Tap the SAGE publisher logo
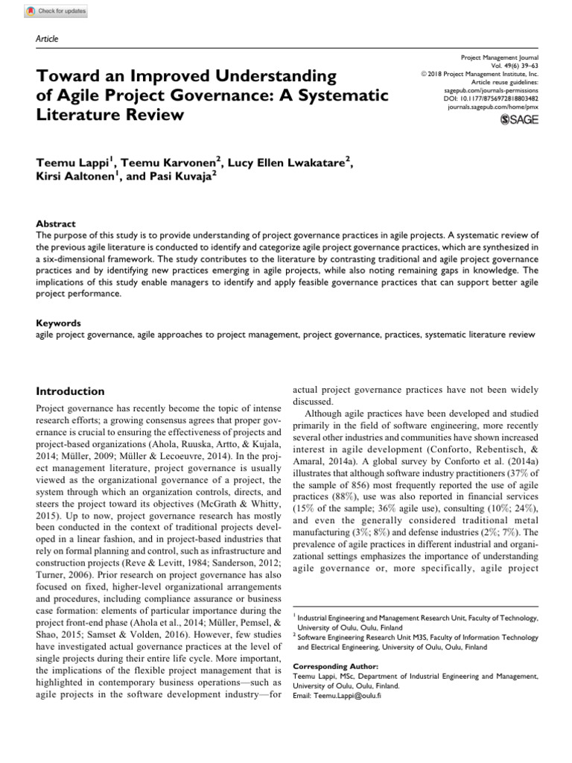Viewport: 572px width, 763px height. click(x=513, y=119)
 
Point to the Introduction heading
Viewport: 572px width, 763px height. click(x=71, y=391)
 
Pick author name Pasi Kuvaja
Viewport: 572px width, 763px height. click(x=172, y=179)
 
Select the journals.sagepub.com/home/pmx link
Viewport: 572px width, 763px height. click(x=492, y=106)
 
